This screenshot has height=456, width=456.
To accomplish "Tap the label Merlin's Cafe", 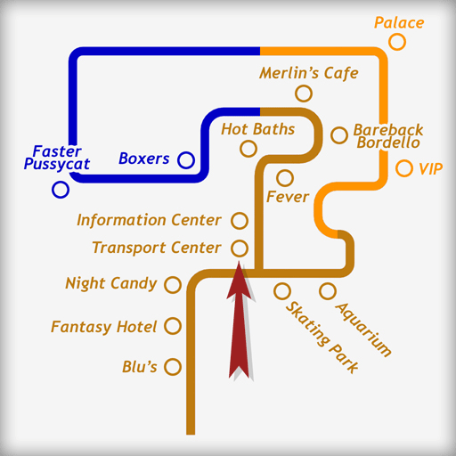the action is tap(309, 73).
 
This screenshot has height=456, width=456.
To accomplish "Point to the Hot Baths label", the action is tap(258, 129).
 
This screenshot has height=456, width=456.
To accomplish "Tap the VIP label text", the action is tap(431, 169).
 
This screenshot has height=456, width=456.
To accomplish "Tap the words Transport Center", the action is tap(157, 248).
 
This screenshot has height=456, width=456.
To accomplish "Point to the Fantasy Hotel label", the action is tap(103, 327).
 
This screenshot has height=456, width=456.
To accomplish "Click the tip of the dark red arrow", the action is tap(239, 262).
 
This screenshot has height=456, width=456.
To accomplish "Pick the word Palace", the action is tap(399, 22).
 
